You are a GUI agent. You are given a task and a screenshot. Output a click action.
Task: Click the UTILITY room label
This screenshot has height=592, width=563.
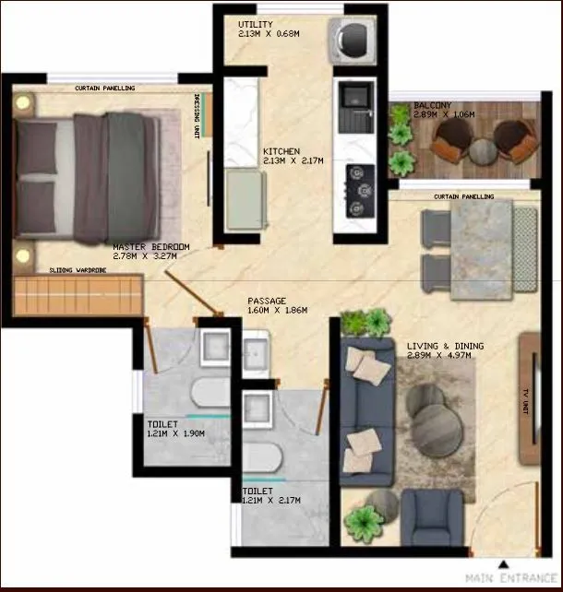tap(254, 24)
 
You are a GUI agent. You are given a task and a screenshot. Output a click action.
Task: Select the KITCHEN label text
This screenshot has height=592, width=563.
tap(281, 151)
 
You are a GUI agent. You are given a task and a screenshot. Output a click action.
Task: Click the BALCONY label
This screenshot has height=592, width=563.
tap(433, 106)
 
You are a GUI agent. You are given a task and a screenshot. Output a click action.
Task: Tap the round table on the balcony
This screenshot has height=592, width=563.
tap(482, 149)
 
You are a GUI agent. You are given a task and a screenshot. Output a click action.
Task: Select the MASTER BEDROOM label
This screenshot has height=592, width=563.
tap(151, 248)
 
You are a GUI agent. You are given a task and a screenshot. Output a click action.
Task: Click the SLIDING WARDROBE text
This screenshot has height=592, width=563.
tap(78, 271)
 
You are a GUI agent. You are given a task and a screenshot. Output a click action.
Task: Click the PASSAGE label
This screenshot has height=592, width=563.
tap(267, 302)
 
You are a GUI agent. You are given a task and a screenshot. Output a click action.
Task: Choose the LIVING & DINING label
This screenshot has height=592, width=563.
tap(445, 347)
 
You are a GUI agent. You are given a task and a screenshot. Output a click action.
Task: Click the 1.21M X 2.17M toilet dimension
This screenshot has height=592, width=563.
tap(270, 501)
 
